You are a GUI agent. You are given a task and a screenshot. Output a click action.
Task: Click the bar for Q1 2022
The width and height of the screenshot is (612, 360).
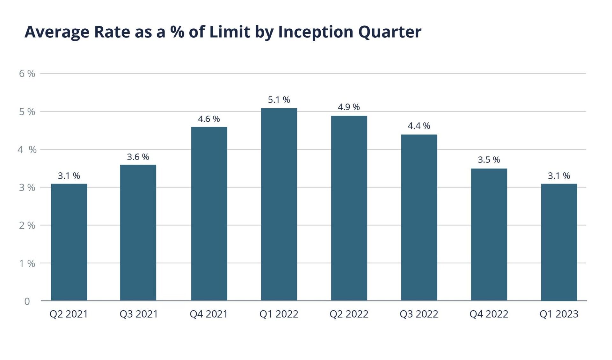(x=279, y=204)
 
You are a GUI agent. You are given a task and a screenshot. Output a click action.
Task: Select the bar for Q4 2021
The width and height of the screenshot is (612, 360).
(x=209, y=213)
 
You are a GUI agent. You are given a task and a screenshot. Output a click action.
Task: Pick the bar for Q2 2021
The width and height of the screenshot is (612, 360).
(x=69, y=242)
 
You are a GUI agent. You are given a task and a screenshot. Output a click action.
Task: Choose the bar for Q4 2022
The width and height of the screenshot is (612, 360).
(x=489, y=234)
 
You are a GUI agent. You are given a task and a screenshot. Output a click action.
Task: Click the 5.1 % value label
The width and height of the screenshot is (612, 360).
(x=279, y=100)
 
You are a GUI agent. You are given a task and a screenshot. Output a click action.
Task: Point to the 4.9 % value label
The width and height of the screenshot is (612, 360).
(x=349, y=107)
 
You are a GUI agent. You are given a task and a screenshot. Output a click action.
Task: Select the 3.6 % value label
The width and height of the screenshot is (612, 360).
(x=138, y=157)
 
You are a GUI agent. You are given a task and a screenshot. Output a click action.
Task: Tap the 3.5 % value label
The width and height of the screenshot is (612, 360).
(x=489, y=160)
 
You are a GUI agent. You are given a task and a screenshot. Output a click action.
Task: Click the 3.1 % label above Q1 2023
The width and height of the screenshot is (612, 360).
(x=559, y=176)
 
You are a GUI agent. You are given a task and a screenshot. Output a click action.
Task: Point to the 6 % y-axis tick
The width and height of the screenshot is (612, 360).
(x=27, y=74)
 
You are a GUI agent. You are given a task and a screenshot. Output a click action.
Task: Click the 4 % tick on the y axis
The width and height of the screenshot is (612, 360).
(x=27, y=149)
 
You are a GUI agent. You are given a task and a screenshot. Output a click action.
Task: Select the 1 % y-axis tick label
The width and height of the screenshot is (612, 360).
(x=27, y=263)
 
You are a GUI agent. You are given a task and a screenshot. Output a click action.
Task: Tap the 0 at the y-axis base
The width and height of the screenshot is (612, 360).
(x=27, y=301)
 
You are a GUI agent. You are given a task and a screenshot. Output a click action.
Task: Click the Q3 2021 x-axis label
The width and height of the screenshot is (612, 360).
(x=139, y=314)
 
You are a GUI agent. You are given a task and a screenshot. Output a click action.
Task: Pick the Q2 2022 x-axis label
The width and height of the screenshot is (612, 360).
(x=349, y=314)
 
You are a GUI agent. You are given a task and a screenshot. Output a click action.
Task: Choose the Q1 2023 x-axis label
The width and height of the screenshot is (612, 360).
(x=559, y=314)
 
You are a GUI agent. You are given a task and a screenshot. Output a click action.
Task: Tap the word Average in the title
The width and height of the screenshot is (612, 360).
(x=57, y=32)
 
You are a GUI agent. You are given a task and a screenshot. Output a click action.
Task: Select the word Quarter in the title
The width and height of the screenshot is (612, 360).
(x=390, y=32)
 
